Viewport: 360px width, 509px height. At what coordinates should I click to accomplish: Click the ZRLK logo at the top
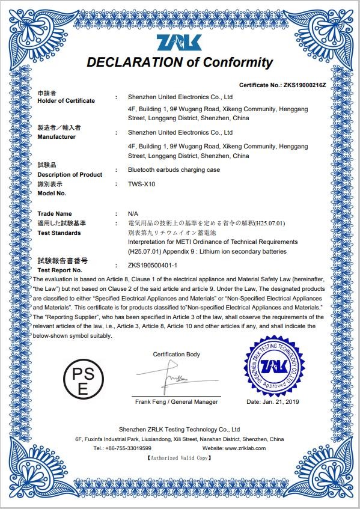pyautogui.click(x=180, y=43)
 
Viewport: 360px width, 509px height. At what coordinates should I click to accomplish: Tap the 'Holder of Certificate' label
pyautogui.click(x=66, y=101)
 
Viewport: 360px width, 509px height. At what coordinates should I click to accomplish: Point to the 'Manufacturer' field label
pyautogui.click(x=56, y=137)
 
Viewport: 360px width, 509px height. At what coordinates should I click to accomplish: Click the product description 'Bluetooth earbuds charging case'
pyautogui.click(x=174, y=170)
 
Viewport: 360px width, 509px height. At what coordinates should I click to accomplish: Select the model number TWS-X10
pyautogui.click(x=142, y=184)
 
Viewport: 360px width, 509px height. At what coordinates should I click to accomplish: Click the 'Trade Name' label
pyautogui.click(x=54, y=214)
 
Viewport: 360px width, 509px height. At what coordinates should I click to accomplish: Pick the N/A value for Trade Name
pyautogui.click(x=133, y=214)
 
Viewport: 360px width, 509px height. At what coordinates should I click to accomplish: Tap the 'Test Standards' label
pyautogui.click(x=59, y=233)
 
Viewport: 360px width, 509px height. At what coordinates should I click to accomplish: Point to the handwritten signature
pyautogui.click(x=172, y=378)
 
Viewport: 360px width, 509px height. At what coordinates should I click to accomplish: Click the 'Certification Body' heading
pyautogui.click(x=176, y=355)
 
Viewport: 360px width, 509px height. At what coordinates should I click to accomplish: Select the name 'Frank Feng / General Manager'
pyautogui.click(x=176, y=401)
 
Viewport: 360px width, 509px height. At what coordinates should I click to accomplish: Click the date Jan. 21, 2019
pyautogui.click(x=273, y=401)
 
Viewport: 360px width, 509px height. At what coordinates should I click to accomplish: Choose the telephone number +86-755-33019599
pyautogui.click(x=128, y=448)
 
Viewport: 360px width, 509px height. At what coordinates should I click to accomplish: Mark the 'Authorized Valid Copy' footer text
pyautogui.click(x=180, y=458)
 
